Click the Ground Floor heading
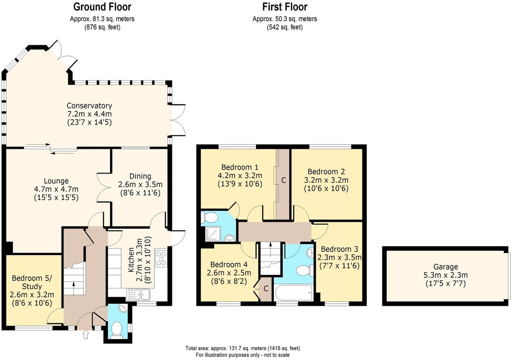coord(102,7)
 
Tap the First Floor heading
coord(285,7)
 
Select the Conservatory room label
coord(89,106)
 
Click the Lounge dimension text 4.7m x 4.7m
coord(56,189)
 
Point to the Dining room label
coord(140,176)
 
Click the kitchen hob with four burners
coord(161,259)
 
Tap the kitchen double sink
coord(138,295)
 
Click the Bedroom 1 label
coord(240,167)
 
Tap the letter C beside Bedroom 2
coord(284,180)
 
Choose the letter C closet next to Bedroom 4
coord(266,289)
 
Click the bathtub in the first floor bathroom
coord(294,293)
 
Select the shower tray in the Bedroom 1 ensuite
coord(213,234)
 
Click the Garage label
coord(445,267)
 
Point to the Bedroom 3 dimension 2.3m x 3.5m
coord(340,258)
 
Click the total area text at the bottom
coord(242,348)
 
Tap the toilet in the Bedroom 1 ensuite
coord(209,218)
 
